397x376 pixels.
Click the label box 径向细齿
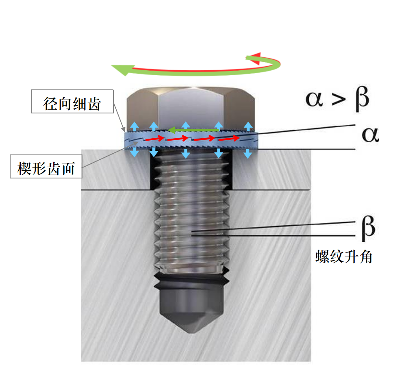click(72, 101)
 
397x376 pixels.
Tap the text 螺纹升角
click(344, 257)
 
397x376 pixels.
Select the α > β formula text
click(337, 100)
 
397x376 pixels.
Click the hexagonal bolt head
click(191, 108)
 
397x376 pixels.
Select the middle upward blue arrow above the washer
click(186, 125)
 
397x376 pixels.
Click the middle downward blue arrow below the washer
click(186, 153)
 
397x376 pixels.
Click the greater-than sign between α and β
click(337, 100)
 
